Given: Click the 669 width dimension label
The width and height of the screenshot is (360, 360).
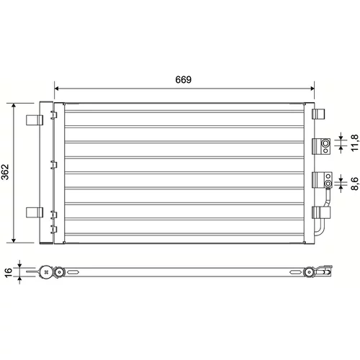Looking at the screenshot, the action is tap(184, 79).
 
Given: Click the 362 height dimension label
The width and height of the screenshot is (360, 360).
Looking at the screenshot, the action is tap(5, 172).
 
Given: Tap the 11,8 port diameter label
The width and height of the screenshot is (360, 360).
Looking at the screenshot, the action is tap(354, 143).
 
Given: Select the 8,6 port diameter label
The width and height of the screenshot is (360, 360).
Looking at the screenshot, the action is tap(354, 184).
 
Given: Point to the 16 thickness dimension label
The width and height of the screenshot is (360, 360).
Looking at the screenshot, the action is tap(8, 273).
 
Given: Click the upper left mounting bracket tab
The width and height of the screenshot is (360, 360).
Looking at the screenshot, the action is tap(35, 120).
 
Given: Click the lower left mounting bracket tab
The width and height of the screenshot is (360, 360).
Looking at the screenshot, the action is tap(35, 212).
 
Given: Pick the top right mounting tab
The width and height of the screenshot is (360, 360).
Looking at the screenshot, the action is tap(318, 114).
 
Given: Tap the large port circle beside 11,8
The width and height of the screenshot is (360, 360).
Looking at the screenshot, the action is tap(325, 143).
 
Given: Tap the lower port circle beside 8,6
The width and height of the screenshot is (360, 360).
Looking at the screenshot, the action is tap(328, 184).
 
